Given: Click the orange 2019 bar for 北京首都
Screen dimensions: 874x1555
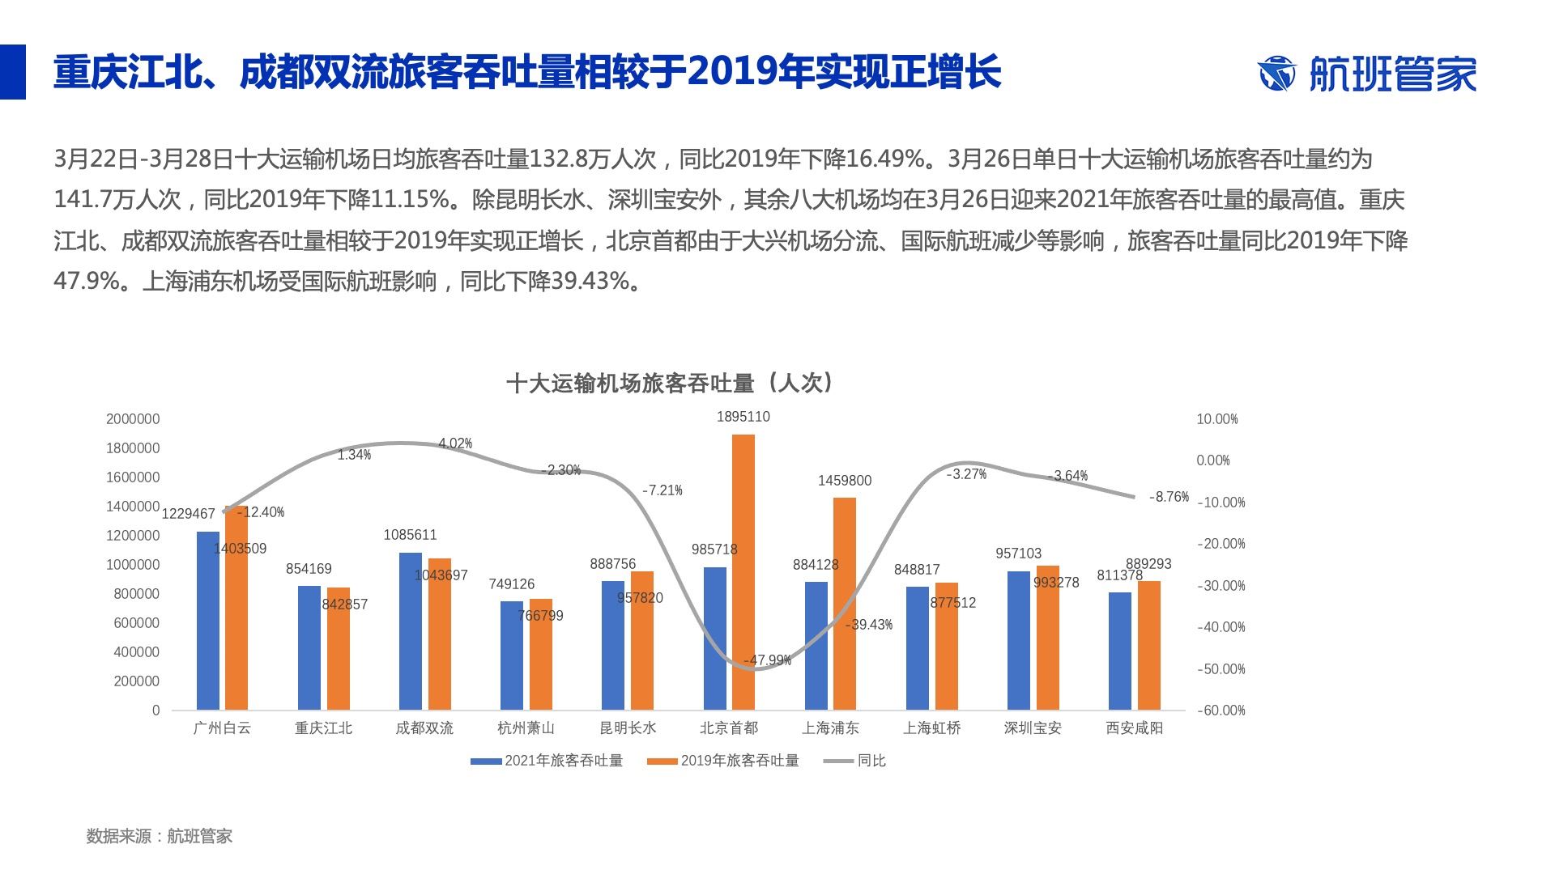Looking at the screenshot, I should click(743, 572).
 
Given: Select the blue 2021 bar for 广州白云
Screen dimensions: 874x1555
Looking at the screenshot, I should click(208, 621).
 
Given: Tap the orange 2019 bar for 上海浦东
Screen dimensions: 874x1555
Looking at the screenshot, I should click(844, 604).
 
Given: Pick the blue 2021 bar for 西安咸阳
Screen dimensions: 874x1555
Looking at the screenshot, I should click(1120, 651).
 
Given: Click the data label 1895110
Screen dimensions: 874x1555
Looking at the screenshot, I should click(743, 417).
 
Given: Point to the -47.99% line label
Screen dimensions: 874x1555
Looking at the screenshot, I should click(767, 660).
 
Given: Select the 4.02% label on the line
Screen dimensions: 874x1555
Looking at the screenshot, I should click(455, 443).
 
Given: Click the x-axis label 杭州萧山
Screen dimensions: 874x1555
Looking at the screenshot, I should click(526, 728).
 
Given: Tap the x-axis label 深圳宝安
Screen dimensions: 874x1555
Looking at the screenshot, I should click(1032, 728).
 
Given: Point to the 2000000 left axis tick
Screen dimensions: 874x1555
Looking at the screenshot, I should click(133, 419).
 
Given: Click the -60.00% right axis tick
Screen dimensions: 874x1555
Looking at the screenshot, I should click(1221, 711).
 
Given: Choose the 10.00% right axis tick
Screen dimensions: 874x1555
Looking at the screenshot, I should click(1217, 419).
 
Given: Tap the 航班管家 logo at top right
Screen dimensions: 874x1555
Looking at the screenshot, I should click(1367, 74).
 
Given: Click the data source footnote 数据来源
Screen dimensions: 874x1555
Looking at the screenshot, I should click(160, 836).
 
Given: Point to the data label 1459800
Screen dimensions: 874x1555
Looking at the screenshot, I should click(844, 481).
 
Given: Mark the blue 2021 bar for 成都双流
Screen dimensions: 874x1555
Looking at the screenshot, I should click(411, 631).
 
